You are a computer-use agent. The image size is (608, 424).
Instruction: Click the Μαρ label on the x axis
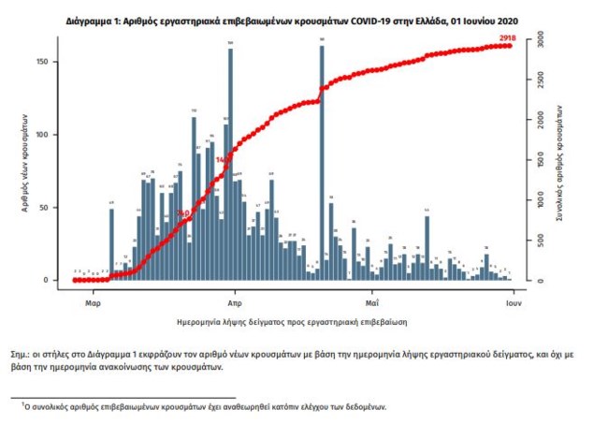pos(93,303)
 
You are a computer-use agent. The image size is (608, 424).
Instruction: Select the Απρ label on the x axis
pos(234,303)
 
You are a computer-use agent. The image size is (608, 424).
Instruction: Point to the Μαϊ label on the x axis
pos(371,303)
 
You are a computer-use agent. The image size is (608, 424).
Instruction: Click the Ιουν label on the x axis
pos(514,303)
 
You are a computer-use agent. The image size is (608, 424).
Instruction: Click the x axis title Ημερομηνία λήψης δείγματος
pos(292,321)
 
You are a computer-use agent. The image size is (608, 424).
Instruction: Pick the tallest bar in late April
pos(321,163)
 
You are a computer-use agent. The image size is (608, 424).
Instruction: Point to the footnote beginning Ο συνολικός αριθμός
pos(206,407)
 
